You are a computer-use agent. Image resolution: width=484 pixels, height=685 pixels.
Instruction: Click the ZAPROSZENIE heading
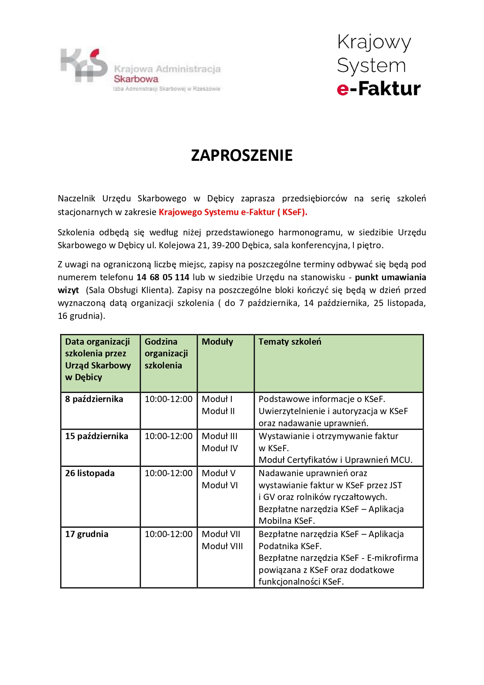coord(241,155)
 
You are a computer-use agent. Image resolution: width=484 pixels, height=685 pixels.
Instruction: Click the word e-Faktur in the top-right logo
coord(379,89)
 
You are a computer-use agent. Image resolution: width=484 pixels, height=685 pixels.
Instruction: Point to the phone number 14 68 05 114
coord(163,277)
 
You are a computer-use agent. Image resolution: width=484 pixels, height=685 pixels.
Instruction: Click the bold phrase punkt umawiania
coord(390,277)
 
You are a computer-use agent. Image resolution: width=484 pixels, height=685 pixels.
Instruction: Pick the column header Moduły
coord(217,342)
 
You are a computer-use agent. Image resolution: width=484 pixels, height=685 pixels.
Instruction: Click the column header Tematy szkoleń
coord(290,342)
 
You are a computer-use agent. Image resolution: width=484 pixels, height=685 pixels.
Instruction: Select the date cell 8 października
coord(94,399)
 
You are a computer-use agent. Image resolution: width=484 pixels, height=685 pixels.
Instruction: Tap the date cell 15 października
coord(96,436)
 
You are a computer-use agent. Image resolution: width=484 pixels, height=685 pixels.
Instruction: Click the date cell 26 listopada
coord(90,473)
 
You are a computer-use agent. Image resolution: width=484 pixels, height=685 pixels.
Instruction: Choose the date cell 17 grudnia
coord(87,534)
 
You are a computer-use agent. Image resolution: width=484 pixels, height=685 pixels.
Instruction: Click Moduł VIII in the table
coord(222,546)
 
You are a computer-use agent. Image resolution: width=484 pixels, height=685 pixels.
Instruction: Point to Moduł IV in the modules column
coord(220,448)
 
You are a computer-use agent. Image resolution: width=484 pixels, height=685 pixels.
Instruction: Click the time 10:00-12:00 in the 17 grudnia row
coord(168,534)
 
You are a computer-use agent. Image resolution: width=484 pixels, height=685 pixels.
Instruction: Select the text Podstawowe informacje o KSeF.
coord(322,399)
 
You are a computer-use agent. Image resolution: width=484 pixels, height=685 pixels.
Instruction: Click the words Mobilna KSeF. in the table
coord(287,521)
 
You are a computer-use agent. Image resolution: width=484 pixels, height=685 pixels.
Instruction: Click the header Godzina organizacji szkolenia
coord(166,353)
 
